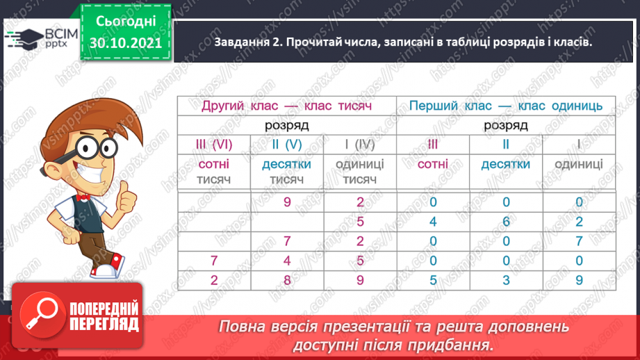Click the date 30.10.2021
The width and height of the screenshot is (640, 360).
tap(126, 42)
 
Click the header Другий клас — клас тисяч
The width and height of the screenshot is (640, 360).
tap(286, 106)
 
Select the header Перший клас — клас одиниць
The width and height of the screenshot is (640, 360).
tap(505, 106)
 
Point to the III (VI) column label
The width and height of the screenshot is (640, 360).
tap(213, 145)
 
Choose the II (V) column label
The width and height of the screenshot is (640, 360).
tap(286, 145)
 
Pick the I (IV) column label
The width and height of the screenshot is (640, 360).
tap(360, 145)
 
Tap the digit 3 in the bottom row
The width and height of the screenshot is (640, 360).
tap(506, 281)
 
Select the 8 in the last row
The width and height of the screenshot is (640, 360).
tap(286, 281)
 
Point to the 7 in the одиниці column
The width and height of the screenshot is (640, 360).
tap(579, 242)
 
